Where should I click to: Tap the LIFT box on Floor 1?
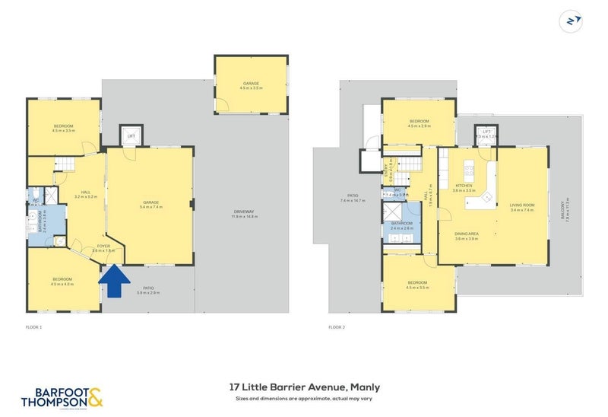click(x=131, y=136)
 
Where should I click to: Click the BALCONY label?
click(x=563, y=218)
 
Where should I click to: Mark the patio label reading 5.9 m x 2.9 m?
click(x=149, y=291)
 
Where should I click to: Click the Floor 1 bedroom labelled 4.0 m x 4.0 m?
click(x=62, y=281)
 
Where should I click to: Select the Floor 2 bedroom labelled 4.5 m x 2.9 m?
click(x=420, y=123)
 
